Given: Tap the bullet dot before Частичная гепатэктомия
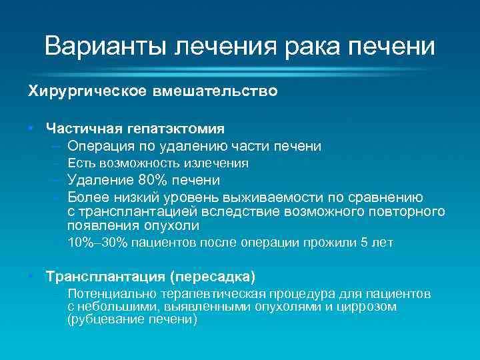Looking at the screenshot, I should pos(31,127).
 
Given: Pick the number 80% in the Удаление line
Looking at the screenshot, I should pos(153,180).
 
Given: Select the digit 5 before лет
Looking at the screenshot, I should pos(363,243).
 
